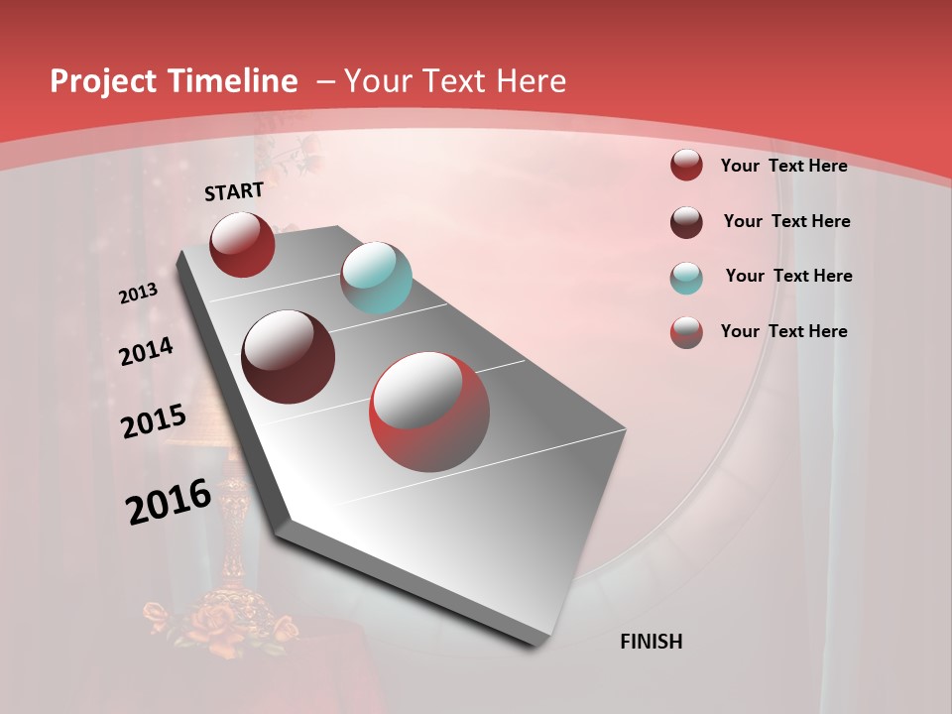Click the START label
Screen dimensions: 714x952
[234, 191]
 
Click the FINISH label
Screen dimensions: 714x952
[651, 642]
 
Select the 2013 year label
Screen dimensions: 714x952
[138, 294]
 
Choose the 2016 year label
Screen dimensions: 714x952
[169, 502]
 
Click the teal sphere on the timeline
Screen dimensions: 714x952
[376, 278]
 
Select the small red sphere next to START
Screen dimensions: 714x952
[242, 244]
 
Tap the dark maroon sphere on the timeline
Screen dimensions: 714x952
[289, 357]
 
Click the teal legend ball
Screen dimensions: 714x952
[686, 278]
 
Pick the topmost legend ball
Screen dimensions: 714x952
[686, 165]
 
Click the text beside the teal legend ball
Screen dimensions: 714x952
[788, 276]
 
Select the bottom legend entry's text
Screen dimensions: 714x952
[783, 331]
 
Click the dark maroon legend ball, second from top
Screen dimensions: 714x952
[686, 222]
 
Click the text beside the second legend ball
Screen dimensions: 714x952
[786, 221]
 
